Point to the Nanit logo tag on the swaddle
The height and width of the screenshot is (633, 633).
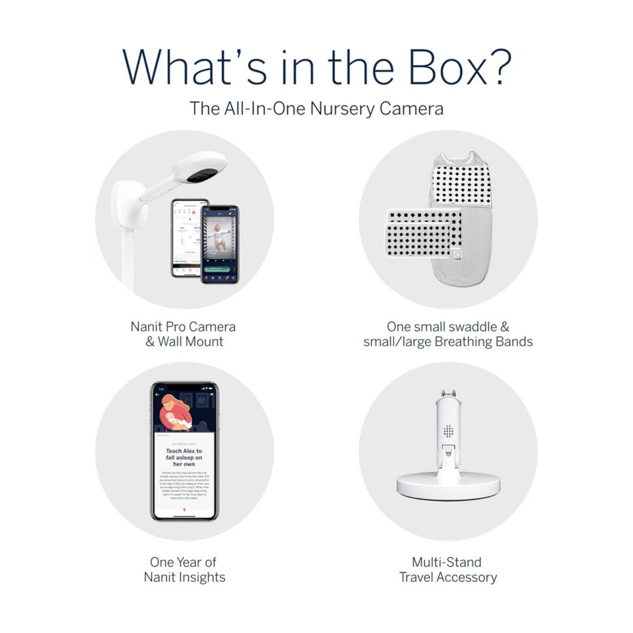coord(458,256)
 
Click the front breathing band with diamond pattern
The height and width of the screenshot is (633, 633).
coord(417,240)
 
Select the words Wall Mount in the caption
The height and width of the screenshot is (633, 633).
coord(190,342)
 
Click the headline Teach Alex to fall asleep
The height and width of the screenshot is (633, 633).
coord(184,457)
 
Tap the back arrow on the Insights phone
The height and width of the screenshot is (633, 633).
coord(158,394)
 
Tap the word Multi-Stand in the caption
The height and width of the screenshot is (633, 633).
coord(447,562)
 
